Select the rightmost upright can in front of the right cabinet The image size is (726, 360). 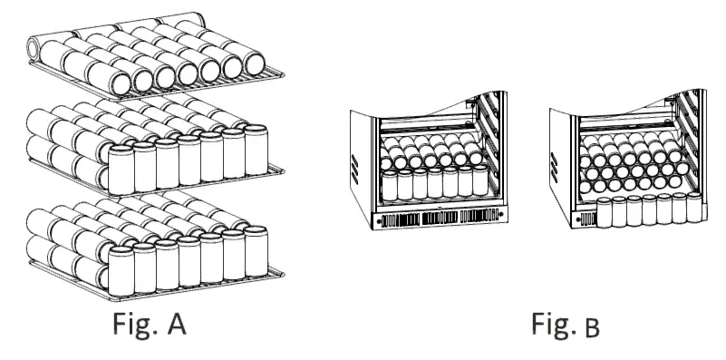(x=695, y=207)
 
